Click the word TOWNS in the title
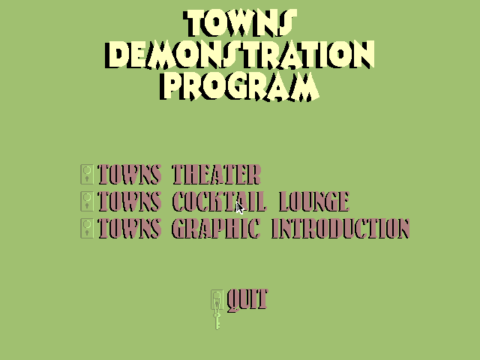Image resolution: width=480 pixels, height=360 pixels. coord(240,23)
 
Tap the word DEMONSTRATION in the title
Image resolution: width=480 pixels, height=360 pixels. coord(240,55)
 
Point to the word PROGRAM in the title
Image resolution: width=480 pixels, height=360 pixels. coord(239,86)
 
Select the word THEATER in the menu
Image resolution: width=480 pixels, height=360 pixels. coord(217,175)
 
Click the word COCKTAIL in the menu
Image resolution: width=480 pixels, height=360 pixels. coord(218,202)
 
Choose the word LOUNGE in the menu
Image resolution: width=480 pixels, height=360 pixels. coord(314,202)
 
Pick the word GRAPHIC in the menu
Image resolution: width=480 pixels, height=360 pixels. coord(216,228)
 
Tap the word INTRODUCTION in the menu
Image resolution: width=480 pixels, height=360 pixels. coord(340,228)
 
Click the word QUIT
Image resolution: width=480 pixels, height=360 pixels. coord(247,300)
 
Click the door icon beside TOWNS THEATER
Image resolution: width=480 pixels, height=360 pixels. coord(87,175)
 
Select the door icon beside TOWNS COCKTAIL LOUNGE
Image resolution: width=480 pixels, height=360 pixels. coord(87,202)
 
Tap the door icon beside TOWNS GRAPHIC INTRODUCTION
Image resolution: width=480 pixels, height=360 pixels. coord(87,228)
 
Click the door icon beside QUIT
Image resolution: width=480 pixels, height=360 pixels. coord(217,300)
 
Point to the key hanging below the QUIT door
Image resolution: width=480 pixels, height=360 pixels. coord(217,321)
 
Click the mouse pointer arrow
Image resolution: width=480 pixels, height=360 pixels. coord(240,208)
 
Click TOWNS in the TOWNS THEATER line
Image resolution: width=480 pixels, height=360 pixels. coord(130,175)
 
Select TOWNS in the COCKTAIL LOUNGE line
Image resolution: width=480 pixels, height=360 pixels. coord(130,202)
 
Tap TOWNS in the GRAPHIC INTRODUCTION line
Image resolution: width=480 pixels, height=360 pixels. coord(130,228)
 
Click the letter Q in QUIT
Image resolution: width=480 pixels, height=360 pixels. coord(234,301)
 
